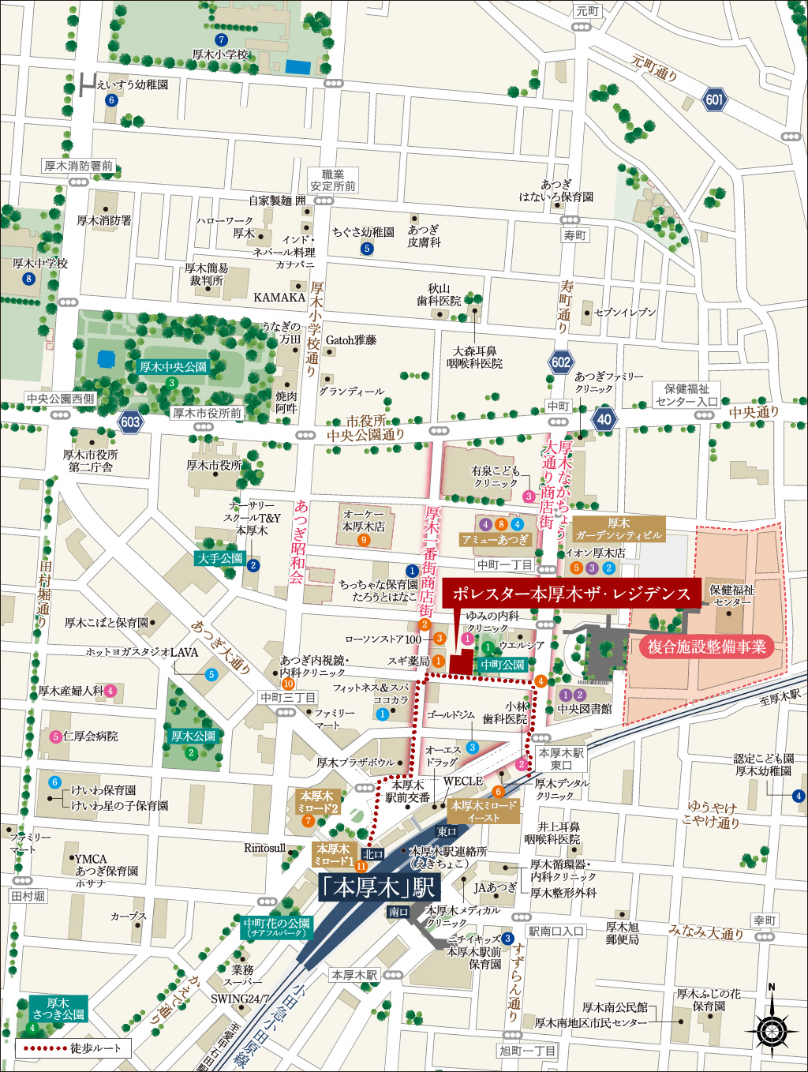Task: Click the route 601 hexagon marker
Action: pyautogui.click(x=714, y=100)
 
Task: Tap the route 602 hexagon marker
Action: pyautogui.click(x=561, y=362)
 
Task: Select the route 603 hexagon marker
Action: pyautogui.click(x=130, y=422)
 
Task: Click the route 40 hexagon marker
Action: pyautogui.click(x=604, y=419)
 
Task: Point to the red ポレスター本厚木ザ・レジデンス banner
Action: pyautogui.click(x=571, y=594)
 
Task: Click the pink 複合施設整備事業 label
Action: pyautogui.click(x=706, y=647)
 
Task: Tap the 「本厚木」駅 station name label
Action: pyautogui.click(x=378, y=887)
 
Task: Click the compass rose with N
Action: pyautogui.click(x=771, y=1029)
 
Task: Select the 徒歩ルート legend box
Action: pyautogui.click(x=73, y=1048)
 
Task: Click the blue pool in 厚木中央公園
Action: pyautogui.click(x=107, y=359)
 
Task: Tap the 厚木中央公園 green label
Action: pyautogui.click(x=173, y=367)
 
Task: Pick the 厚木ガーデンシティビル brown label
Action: pyautogui.click(x=619, y=529)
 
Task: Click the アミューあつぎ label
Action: pyautogui.click(x=496, y=540)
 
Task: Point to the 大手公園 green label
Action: pyautogui.click(x=220, y=558)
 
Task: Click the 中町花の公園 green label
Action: pyautogui.click(x=277, y=927)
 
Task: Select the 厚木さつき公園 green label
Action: pyautogui.click(x=58, y=1009)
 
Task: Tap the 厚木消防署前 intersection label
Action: pyautogui.click(x=79, y=166)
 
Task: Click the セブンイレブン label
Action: pyautogui.click(x=624, y=313)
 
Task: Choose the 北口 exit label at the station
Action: pyautogui.click(x=373, y=854)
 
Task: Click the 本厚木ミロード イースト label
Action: pyautogui.click(x=484, y=811)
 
